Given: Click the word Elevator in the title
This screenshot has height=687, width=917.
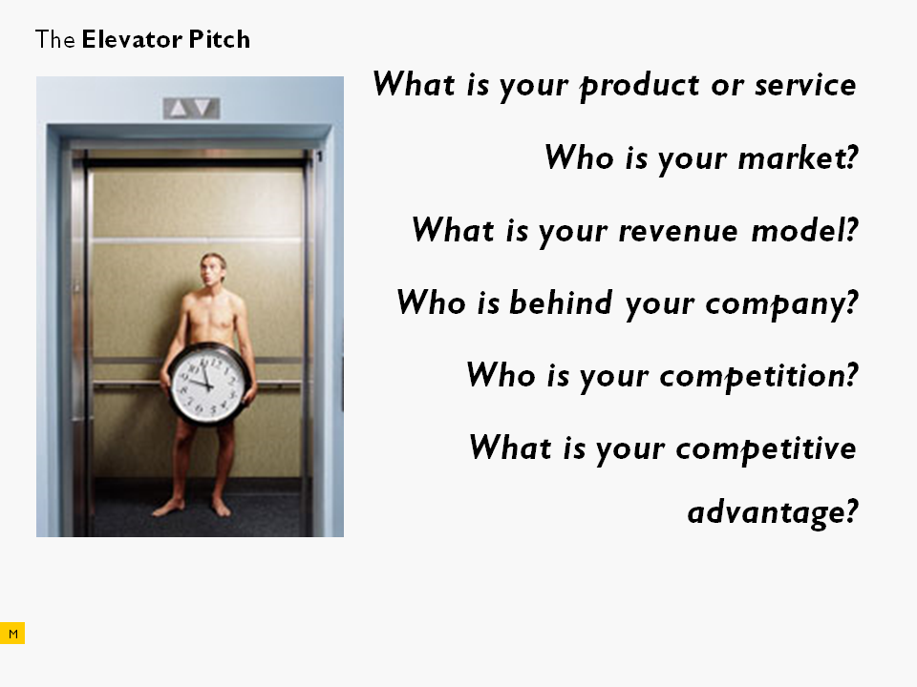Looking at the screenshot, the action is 132,40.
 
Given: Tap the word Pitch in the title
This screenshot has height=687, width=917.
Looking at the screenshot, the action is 220,40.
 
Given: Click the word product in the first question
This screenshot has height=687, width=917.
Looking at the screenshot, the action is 639,87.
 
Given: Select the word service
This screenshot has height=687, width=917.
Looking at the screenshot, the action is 805,85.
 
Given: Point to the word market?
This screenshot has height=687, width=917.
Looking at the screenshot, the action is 799,157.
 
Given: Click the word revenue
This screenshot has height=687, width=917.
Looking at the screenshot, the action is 678,231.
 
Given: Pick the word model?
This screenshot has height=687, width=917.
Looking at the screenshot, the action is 804,230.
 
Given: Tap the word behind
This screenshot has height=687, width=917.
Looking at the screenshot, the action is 561,302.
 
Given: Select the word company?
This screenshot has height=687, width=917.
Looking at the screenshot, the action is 781,304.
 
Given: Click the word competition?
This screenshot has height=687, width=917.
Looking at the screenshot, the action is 758,376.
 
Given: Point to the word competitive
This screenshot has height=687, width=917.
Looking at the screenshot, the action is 765,449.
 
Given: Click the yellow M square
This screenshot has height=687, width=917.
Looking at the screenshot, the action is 12,634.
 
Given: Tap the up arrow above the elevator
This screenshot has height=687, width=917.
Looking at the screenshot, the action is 178,108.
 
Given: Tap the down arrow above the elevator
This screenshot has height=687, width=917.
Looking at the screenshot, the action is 203,108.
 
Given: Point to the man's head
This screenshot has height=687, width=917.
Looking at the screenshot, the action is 213,269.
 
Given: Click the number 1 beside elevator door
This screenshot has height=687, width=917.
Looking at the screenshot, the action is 319,156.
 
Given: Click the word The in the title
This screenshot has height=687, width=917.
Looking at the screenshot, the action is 55,40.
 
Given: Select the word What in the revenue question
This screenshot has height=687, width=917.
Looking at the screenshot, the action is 453,230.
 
